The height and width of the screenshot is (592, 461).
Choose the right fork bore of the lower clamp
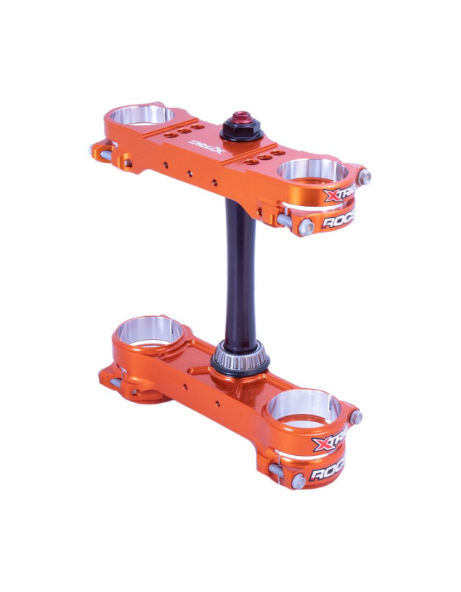[x=305, y=407]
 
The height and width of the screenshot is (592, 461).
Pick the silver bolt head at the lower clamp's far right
[x=357, y=417]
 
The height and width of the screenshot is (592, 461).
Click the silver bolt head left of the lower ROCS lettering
[x=297, y=481]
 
